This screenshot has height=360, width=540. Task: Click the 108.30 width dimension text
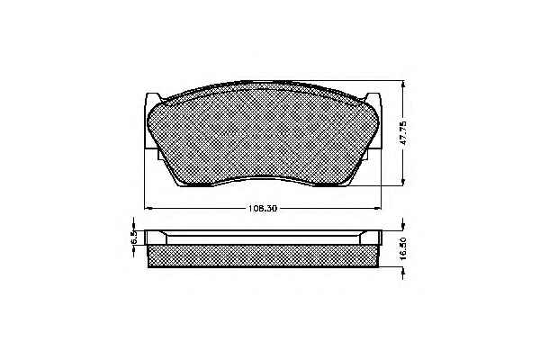pyautogui.click(x=263, y=209)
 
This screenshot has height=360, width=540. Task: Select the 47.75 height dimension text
pyautogui.click(x=404, y=132)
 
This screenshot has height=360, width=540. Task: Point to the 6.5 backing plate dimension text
pyautogui.click(x=134, y=238)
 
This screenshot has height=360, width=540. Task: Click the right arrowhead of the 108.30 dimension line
pyautogui.click(x=377, y=208)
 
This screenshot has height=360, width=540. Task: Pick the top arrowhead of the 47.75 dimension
pyautogui.click(x=403, y=85)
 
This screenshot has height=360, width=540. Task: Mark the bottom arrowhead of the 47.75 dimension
pyautogui.click(x=403, y=182)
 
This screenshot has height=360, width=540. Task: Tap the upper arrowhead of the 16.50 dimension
pyautogui.click(x=403, y=226)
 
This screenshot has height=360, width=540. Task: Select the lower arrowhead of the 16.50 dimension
pyautogui.click(x=403, y=272)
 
